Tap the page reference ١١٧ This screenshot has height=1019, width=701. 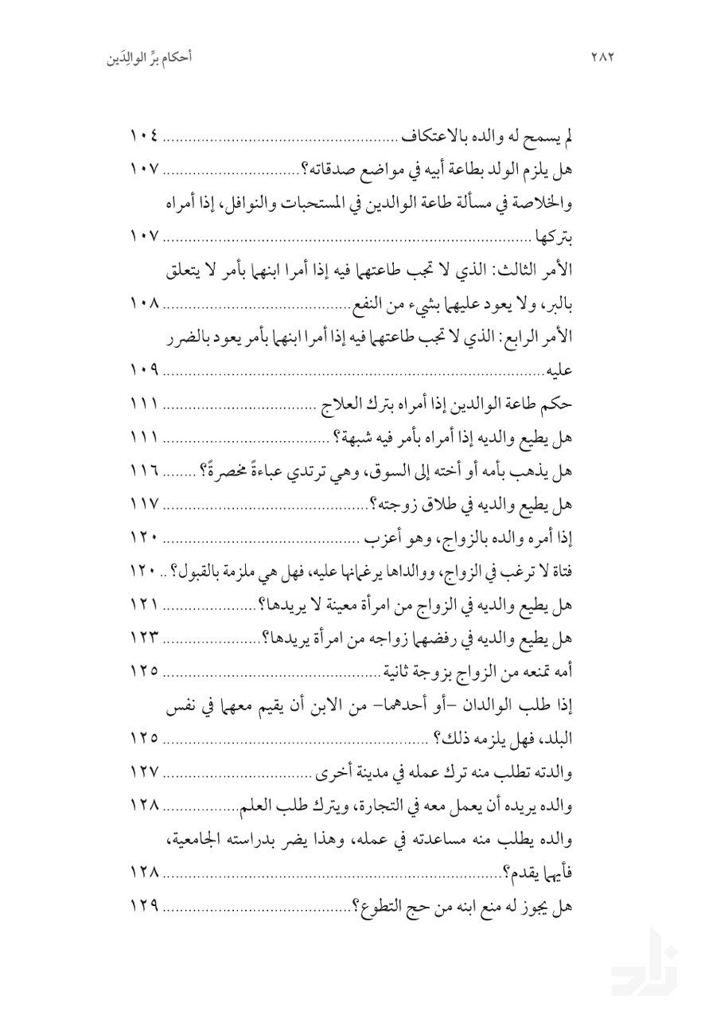[145, 504]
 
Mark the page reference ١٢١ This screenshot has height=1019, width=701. [145, 606]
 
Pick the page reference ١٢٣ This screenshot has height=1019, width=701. [145, 638]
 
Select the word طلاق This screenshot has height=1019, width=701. [433, 504]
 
